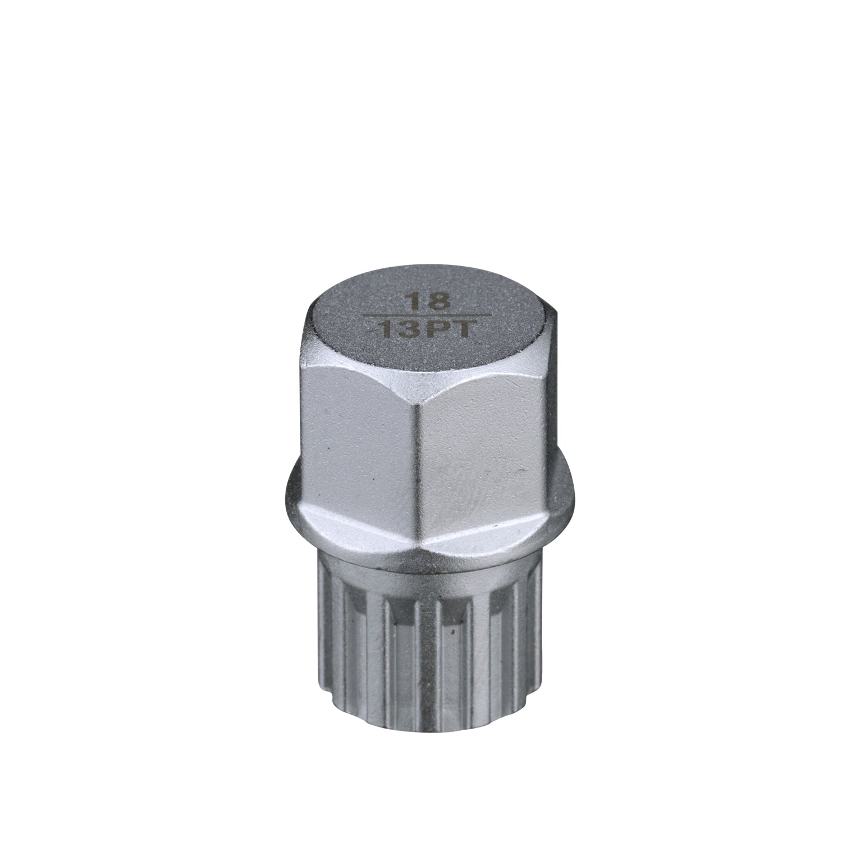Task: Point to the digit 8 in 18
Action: [x=440, y=302]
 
